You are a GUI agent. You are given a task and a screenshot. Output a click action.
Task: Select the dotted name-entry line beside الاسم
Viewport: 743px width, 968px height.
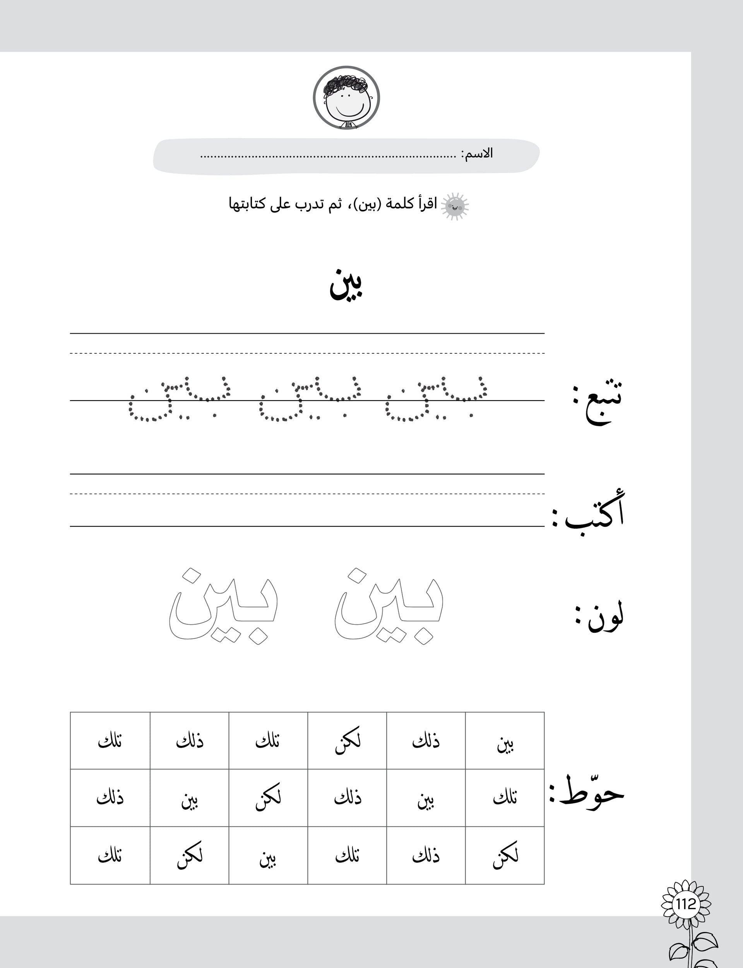tap(327, 156)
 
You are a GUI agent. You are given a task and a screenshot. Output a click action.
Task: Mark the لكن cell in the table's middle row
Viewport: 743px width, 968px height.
tap(269, 798)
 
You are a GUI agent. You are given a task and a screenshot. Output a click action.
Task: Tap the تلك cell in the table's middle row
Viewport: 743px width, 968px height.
tap(505, 798)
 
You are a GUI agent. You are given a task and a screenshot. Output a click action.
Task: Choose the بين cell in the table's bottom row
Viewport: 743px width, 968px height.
tap(269, 857)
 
